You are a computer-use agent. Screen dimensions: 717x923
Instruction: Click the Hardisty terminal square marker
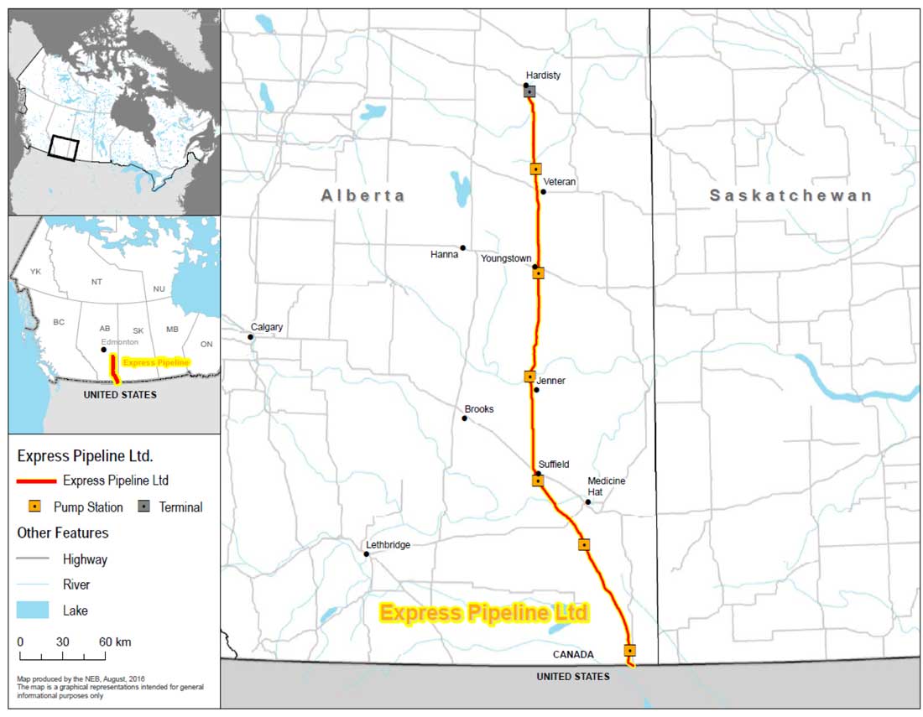click(x=530, y=91)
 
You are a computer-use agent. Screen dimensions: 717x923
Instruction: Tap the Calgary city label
click(x=267, y=327)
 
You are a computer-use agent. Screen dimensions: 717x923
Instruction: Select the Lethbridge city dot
click(x=367, y=554)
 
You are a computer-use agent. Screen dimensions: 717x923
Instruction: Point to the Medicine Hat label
click(x=607, y=486)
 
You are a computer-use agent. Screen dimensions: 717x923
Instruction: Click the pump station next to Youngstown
click(x=538, y=273)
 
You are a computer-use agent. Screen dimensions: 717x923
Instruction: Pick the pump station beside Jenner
click(x=529, y=377)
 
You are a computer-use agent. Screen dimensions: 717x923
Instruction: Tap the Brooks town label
click(x=479, y=409)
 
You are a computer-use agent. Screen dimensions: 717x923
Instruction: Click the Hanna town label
click(x=444, y=254)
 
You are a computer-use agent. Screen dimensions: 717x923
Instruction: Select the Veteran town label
click(x=560, y=181)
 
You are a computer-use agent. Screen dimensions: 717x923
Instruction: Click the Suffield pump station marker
click(x=538, y=481)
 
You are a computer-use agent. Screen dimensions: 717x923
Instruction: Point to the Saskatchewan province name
click(x=790, y=195)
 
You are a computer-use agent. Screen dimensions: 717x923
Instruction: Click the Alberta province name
click(x=362, y=195)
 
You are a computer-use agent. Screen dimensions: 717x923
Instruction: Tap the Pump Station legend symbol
click(x=34, y=507)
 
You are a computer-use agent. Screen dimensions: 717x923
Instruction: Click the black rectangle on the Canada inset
click(x=63, y=148)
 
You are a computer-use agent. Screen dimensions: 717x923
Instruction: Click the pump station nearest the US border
click(x=629, y=650)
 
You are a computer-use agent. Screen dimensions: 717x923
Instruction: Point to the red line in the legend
click(x=37, y=481)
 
